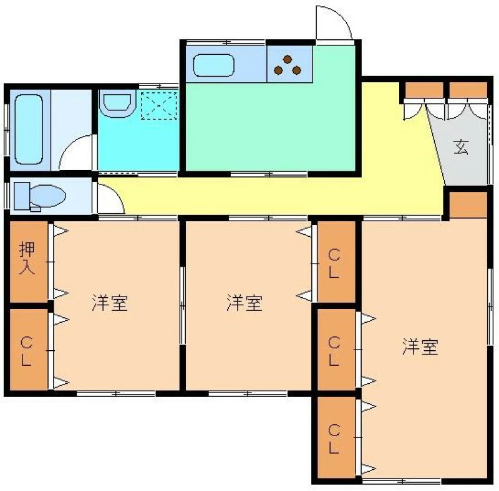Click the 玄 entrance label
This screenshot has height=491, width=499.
point(461,147)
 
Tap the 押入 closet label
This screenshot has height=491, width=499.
point(27,258)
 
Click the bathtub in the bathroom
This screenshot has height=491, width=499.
point(29,130)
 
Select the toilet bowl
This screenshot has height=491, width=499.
point(48,196)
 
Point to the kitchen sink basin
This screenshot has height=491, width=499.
point(214,65)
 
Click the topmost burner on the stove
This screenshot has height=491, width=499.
point(288,59)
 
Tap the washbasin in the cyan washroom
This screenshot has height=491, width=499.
point(117,102)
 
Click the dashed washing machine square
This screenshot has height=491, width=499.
point(159,106)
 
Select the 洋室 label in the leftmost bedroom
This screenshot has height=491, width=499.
point(110,303)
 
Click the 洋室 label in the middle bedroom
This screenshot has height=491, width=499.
point(245,303)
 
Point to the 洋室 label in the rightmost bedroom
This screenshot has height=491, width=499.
point(420,346)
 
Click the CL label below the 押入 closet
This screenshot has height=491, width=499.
point(26,351)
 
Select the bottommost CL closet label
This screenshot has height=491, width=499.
point(334,439)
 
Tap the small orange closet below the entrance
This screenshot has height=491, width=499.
point(468,205)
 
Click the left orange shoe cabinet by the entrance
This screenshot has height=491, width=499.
point(424,90)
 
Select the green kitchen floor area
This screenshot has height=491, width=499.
point(271,127)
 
